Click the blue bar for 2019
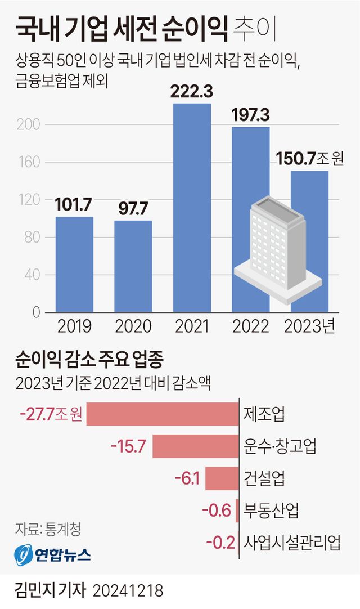click(x=74, y=264)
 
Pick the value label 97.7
click(x=133, y=209)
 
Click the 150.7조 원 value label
click(x=309, y=159)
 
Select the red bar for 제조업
click(x=163, y=414)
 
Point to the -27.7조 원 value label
click(x=51, y=415)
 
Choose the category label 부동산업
click(x=271, y=511)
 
